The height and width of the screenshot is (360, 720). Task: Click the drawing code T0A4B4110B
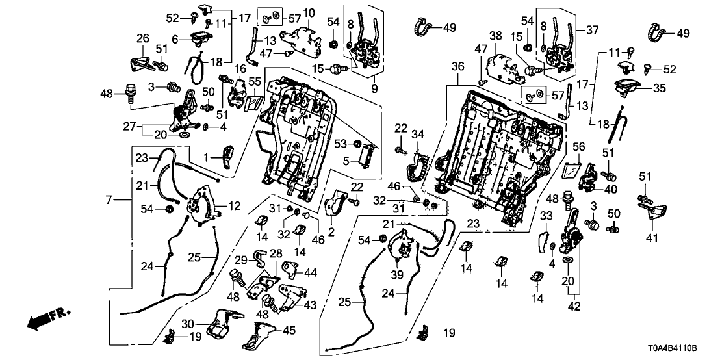[x=680, y=348]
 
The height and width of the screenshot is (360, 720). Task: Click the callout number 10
[x=308, y=12]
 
